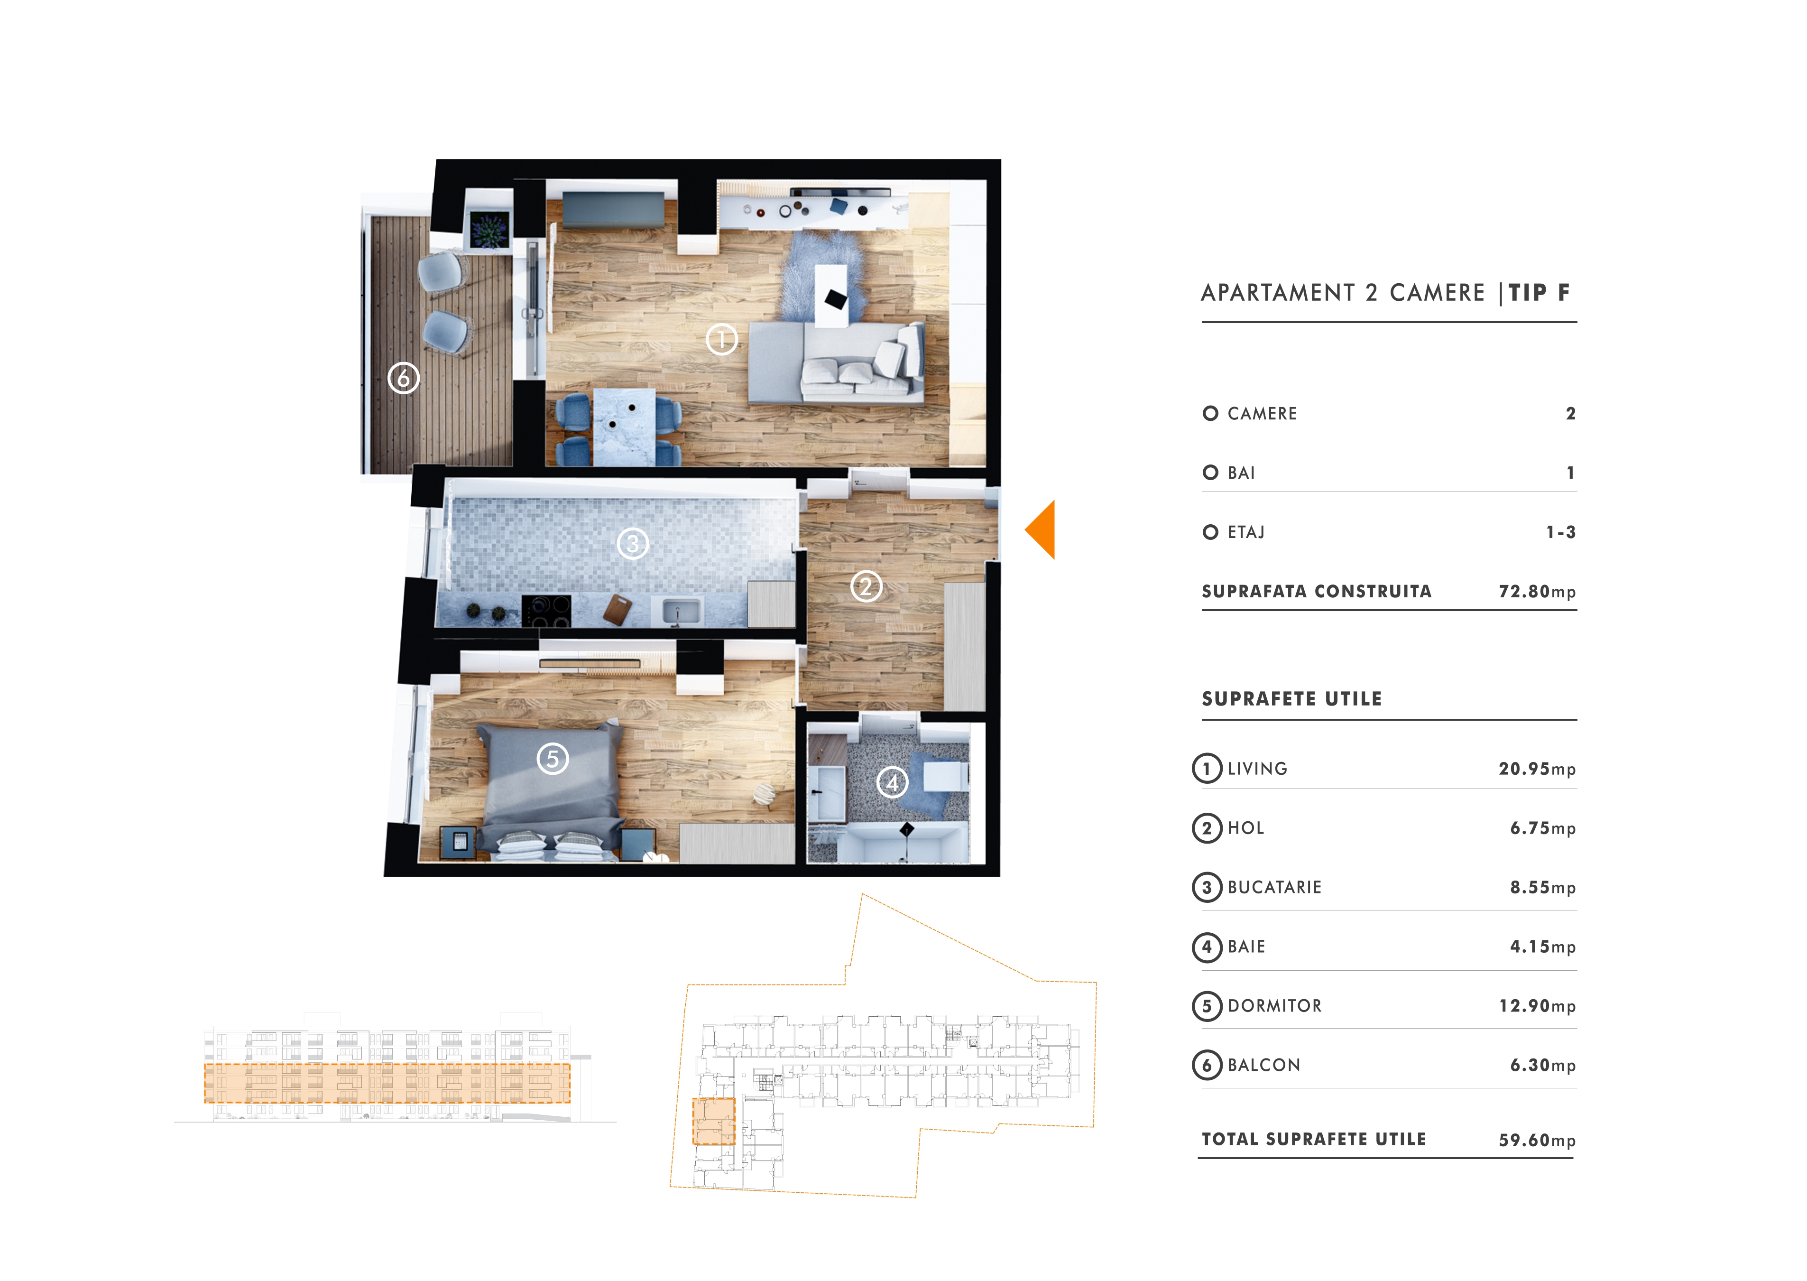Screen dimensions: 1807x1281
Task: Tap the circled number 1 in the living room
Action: [721, 340]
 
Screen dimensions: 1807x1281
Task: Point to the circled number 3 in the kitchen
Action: [632, 544]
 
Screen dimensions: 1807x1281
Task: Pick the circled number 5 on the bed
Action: [553, 759]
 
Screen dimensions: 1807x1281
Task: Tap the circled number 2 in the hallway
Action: [867, 586]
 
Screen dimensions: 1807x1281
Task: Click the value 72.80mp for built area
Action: [1537, 592]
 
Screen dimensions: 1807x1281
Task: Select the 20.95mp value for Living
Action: [1537, 769]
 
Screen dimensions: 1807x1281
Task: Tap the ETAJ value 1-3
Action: [1560, 532]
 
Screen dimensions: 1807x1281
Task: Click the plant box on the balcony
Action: [489, 230]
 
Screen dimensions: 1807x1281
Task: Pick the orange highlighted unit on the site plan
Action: [713, 1121]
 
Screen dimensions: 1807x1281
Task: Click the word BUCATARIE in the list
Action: [1274, 887]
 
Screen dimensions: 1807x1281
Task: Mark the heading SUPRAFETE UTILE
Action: [1291, 699]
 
